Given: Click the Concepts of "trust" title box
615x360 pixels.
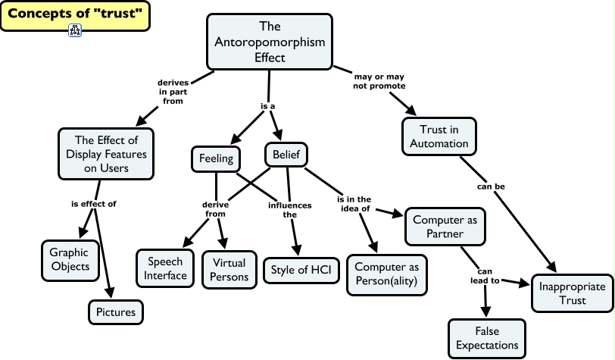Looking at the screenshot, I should point(74,14).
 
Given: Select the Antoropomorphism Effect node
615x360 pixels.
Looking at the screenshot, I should point(270,43).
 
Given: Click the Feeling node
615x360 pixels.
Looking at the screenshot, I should point(215,158).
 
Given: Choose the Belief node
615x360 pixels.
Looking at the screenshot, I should point(286,155).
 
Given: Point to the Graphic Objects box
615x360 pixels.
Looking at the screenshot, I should point(69,259).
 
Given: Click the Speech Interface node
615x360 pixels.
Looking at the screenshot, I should point(166,268).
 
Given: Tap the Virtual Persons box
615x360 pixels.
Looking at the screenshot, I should point(230,269).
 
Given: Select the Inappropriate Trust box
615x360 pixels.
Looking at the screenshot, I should point(571,293).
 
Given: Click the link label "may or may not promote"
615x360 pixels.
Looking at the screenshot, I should point(379,81).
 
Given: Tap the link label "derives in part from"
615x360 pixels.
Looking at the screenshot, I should point(173,92).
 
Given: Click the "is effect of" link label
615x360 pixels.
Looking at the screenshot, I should point(93,204).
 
